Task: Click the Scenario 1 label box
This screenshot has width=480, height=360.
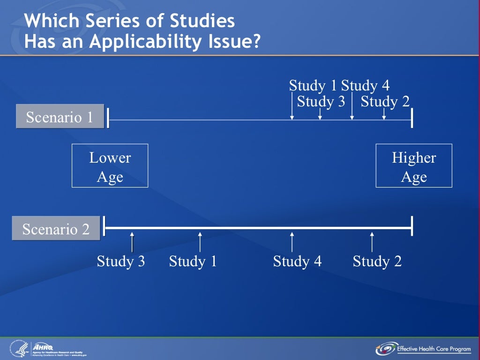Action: pos(60,117)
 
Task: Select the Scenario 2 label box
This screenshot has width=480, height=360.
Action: pos(56,229)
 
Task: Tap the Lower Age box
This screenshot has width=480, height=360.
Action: pos(110,166)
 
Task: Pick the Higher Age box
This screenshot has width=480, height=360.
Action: pos(414,166)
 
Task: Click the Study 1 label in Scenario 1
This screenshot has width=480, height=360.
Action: pos(313,86)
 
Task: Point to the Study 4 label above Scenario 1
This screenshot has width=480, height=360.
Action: pos(365,86)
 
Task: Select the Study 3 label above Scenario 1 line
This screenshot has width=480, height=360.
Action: pos(321,101)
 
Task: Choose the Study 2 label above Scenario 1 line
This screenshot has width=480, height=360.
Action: pos(385,101)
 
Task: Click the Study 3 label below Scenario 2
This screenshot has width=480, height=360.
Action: pos(120,261)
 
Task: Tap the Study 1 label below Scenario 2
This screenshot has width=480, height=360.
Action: pos(193,261)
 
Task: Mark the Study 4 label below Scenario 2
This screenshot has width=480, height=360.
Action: pos(297,261)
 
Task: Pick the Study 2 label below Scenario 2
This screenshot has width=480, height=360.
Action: pos(377,261)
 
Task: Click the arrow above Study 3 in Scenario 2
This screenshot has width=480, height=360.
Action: pos(132,241)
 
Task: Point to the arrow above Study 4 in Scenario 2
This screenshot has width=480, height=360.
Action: pos(292,241)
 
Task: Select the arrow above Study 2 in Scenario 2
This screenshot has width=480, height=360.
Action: pos(372,241)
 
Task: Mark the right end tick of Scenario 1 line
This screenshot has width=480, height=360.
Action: pos(412,120)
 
